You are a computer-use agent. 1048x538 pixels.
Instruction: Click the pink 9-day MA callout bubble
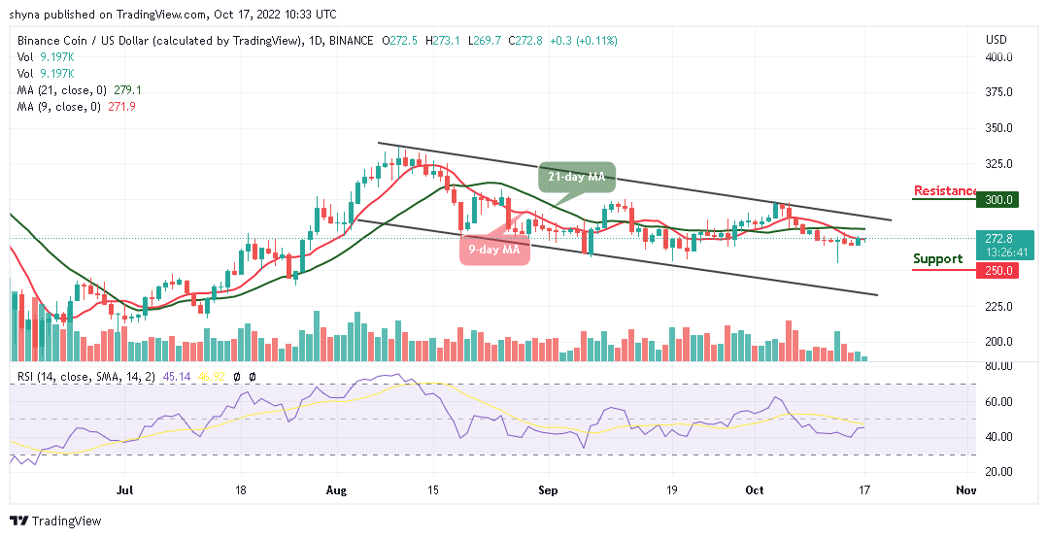494,250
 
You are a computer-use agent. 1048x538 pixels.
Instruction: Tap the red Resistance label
945,190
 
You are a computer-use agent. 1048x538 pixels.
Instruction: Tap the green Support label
938,258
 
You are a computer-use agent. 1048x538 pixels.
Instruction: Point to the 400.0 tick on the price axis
1000,57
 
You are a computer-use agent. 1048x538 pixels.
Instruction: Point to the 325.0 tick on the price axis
1000,164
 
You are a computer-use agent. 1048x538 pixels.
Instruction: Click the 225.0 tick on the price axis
1000,307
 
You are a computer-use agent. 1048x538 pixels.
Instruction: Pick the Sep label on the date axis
548,491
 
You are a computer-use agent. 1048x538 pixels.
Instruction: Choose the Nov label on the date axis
964,491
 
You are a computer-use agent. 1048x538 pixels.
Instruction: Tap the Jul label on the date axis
125,491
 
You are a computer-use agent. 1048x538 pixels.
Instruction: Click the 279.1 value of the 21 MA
127,89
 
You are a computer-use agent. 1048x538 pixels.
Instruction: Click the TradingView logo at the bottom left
55,521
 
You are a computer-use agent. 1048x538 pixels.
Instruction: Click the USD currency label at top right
996,40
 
